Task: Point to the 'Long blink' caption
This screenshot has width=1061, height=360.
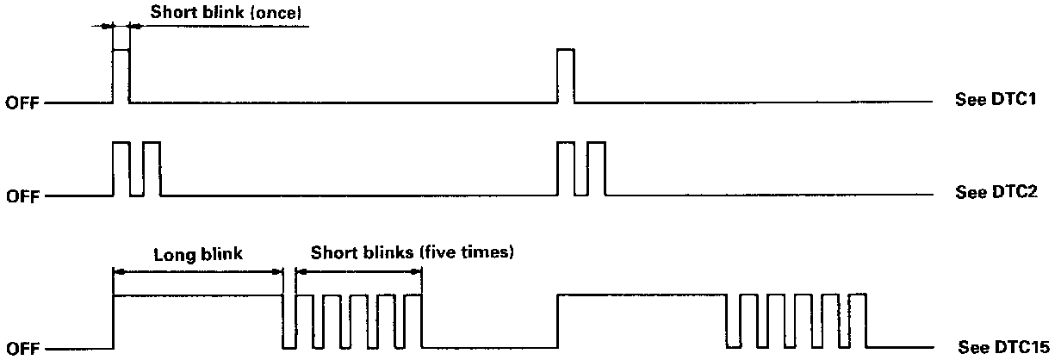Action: [198, 254]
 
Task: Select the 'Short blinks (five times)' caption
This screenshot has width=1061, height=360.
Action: [412, 253]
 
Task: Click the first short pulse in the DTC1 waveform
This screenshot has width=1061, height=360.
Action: [121, 76]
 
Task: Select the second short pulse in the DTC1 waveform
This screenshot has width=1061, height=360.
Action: [566, 76]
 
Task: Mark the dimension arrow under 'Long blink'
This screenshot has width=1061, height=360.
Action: [198, 270]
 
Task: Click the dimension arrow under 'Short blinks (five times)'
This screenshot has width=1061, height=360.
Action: [358, 270]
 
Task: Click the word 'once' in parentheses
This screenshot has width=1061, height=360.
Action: [277, 13]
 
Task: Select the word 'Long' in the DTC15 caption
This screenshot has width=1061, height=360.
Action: [173, 254]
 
